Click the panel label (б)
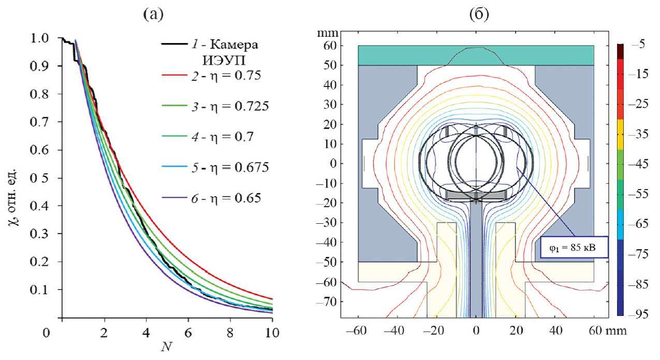[x=475, y=15]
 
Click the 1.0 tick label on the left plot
[x=45, y=38]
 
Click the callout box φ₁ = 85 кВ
[x=573, y=247]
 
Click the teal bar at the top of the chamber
[x=475, y=55]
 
